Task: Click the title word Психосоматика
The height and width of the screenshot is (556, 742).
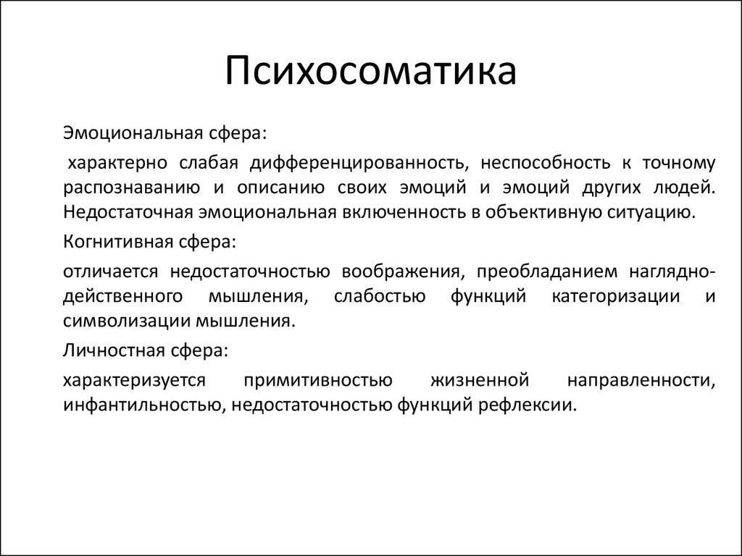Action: (x=370, y=70)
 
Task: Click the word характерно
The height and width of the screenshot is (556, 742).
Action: (x=117, y=163)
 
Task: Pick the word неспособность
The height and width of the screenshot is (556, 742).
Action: (x=546, y=163)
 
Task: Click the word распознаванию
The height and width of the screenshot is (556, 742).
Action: (x=131, y=188)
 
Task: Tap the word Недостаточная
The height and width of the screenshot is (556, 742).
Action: (x=128, y=212)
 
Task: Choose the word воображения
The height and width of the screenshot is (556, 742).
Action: (x=401, y=271)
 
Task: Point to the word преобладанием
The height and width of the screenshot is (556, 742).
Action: (x=546, y=271)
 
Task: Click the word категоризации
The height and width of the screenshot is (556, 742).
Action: (x=616, y=296)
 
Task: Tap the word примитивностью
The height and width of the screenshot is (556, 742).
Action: (x=317, y=380)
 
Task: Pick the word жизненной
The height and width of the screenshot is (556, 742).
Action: (x=480, y=380)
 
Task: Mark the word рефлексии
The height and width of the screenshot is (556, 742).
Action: (x=528, y=405)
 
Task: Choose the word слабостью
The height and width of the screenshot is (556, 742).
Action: (x=380, y=296)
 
